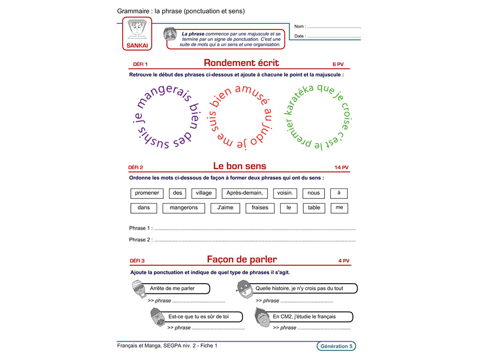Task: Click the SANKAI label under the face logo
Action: [137, 46]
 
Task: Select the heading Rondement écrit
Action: [241, 63]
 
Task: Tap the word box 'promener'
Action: [147, 193]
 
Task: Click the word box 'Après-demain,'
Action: [244, 193]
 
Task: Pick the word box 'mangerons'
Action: [184, 208]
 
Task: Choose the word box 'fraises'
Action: [260, 208]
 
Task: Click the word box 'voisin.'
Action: [285, 193]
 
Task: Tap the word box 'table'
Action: [314, 208]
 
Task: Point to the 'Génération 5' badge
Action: [336, 346]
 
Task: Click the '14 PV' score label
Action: [341, 167]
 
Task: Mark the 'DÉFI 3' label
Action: [136, 261]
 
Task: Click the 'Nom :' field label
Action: [300, 27]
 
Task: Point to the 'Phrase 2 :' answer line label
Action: [141, 240]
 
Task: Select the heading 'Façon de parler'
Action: [242, 259]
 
